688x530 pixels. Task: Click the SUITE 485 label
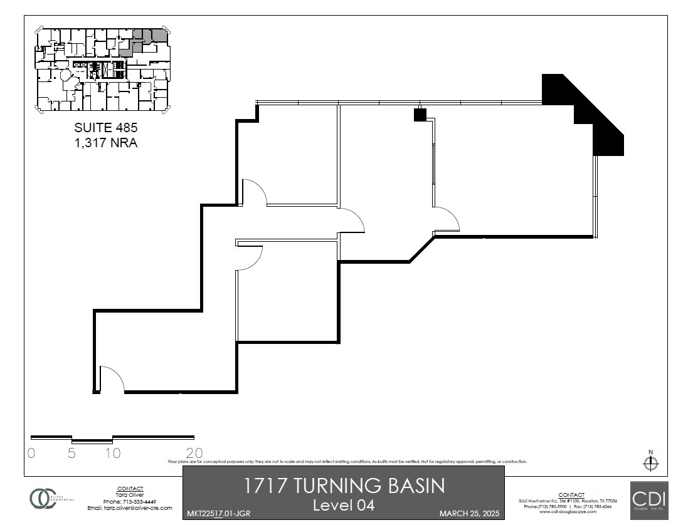pos(105,128)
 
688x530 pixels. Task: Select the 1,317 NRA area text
pos(105,143)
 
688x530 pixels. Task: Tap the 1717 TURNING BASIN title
pos(343,486)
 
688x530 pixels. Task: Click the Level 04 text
pos(343,505)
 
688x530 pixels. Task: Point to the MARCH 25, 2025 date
pos(468,514)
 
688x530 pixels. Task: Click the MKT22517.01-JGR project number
pos(219,514)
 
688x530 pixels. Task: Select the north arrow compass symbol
pos(651,463)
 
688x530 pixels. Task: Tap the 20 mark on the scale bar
pos(194,453)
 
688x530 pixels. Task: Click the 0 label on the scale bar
pos(31,453)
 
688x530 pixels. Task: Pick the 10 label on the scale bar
pos(113,453)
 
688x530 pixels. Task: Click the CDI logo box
pos(649,501)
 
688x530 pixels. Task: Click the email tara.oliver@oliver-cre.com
pos(130,508)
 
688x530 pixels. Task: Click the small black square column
pos(420,115)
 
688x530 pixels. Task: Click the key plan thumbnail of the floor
pos(102,70)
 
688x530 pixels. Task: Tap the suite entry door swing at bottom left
pos(111,379)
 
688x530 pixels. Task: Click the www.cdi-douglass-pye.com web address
pos(566,512)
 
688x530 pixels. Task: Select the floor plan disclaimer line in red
pos(347,462)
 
